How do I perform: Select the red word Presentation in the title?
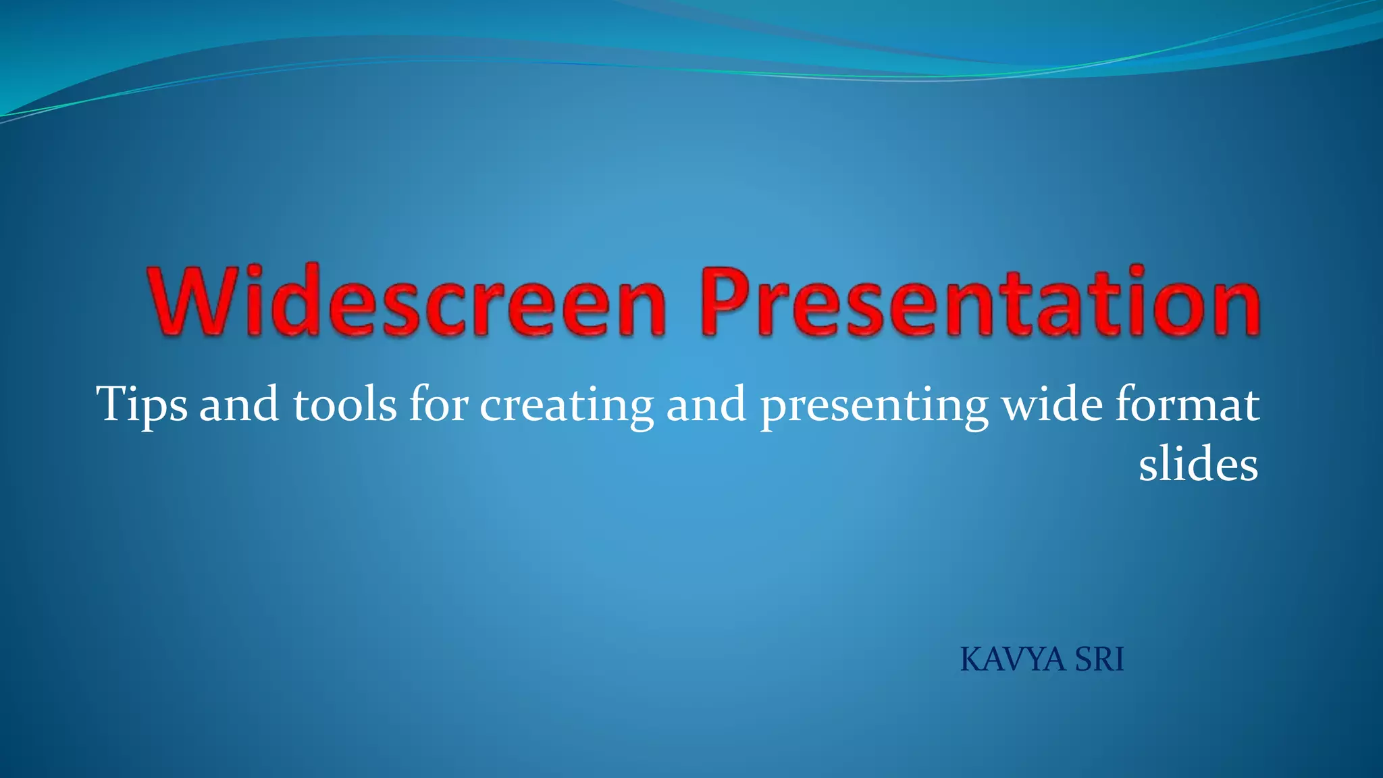pyautogui.click(x=980, y=301)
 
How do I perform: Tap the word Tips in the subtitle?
pyautogui.click(x=142, y=405)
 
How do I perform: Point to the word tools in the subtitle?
pyautogui.click(x=344, y=405)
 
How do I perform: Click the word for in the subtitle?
pyautogui.click(x=438, y=405)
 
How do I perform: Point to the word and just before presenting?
pyautogui.click(x=706, y=405)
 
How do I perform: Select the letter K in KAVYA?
pyautogui.click(x=972, y=660)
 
